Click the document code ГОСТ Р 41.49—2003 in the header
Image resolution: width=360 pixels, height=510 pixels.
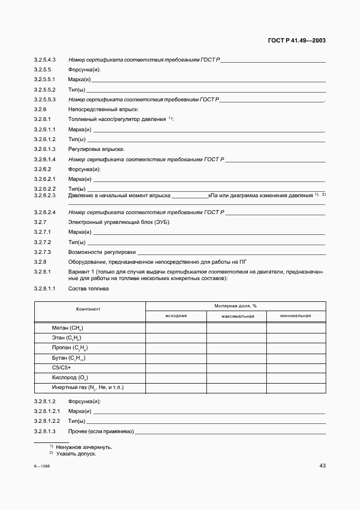coord(297,40)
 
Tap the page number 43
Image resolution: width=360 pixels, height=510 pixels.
coord(322,465)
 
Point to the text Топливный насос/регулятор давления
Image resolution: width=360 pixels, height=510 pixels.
coord(118,119)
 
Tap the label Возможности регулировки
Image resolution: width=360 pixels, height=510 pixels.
coord(102,252)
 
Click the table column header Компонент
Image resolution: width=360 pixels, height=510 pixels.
coord(88,309)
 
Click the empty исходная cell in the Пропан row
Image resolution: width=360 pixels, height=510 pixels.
coord(175,348)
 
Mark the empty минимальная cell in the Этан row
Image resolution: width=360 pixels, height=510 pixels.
coord(296,338)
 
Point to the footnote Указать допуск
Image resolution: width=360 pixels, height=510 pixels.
coord(76,453)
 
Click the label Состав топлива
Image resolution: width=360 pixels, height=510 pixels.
coord(88,289)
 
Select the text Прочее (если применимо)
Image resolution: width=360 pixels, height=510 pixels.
coord(101,432)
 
